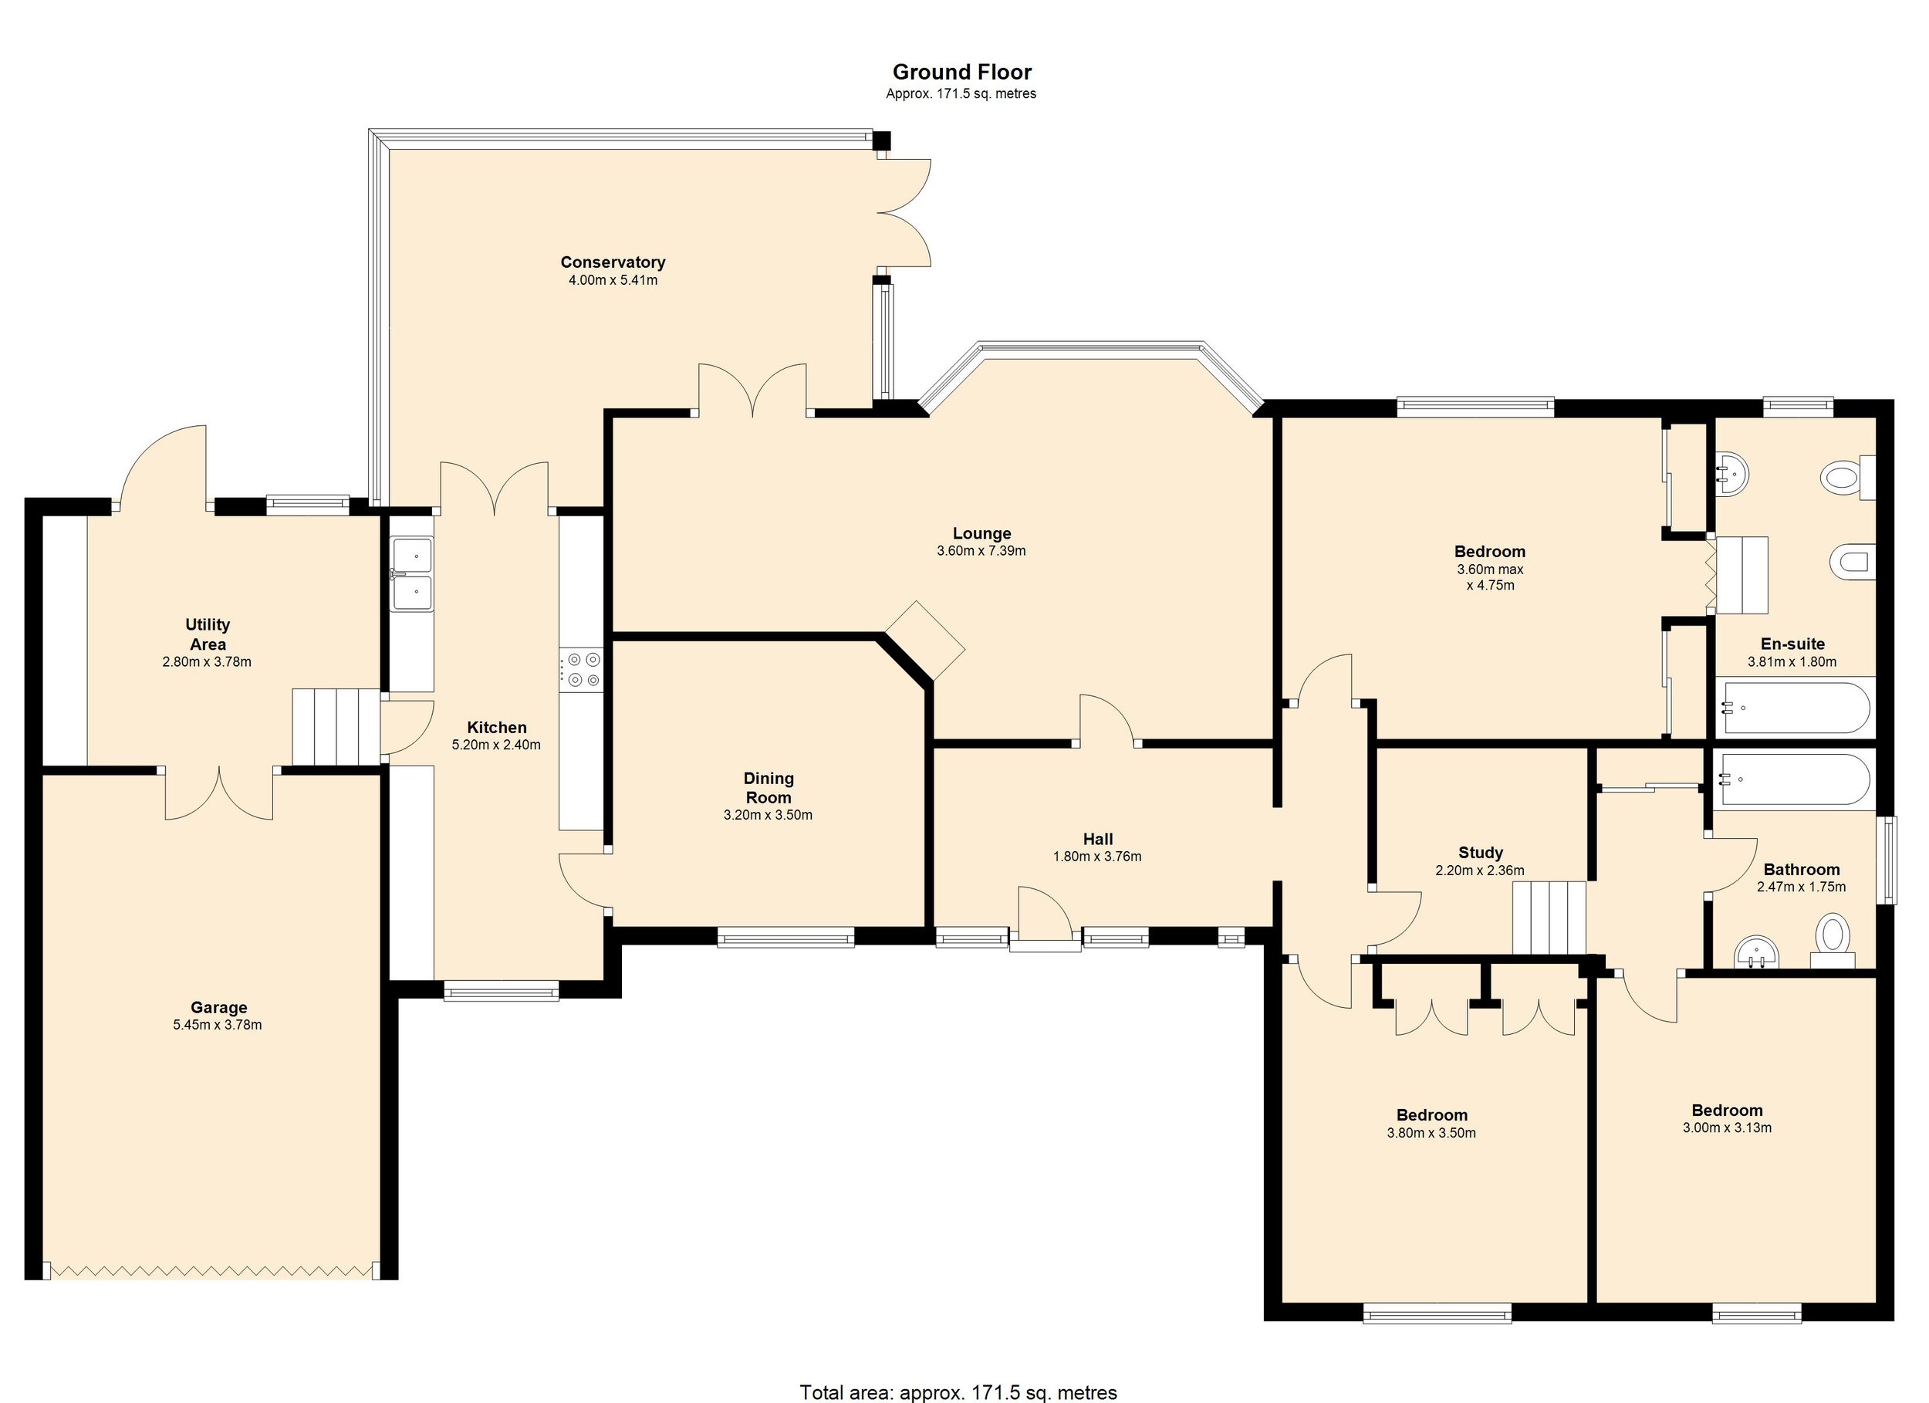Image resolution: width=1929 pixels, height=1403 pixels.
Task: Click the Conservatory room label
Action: click(x=613, y=262)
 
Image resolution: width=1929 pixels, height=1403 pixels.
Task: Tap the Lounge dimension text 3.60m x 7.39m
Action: click(x=981, y=551)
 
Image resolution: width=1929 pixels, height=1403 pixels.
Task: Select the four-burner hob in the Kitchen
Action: click(x=582, y=669)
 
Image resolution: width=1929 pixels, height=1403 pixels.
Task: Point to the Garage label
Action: click(x=218, y=1007)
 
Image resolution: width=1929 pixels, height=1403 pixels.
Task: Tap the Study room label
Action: click(x=1480, y=853)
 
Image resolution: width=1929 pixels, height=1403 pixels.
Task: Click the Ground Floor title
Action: click(x=961, y=73)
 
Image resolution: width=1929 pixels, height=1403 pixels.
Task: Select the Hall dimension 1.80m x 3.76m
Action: click(x=1097, y=857)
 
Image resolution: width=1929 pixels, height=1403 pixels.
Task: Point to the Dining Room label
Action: click(x=768, y=787)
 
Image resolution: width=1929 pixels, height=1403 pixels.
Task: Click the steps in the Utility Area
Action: click(x=336, y=728)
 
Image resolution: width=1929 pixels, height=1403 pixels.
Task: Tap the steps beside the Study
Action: click(x=1549, y=918)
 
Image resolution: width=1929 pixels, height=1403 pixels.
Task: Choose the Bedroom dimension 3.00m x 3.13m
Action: click(x=1727, y=1128)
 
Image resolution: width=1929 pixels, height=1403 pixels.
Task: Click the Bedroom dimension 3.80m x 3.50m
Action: click(x=1431, y=1134)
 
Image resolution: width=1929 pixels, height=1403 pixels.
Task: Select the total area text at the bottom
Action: click(x=958, y=1393)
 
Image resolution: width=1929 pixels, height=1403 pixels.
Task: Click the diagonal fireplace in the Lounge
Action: click(x=925, y=641)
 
